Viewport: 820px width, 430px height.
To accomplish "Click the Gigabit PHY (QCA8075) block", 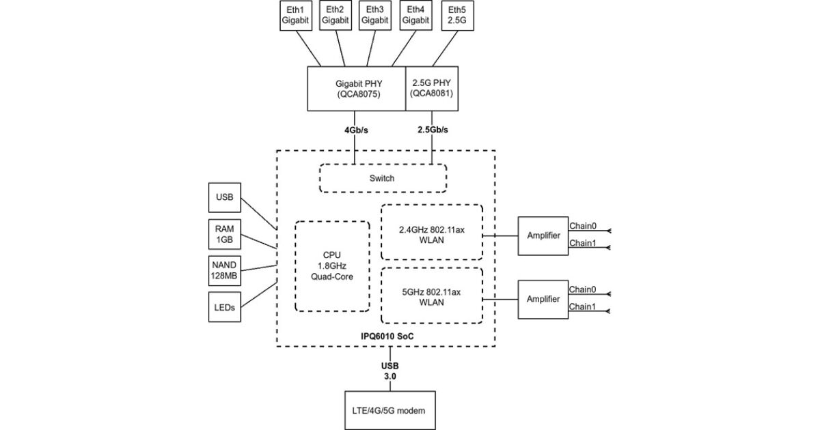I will coord(357,89).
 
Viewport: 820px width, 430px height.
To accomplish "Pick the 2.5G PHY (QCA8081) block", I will coord(432,89).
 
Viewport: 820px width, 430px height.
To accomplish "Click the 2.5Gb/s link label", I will coord(432,130).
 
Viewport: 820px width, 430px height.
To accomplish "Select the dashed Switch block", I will coord(382,178).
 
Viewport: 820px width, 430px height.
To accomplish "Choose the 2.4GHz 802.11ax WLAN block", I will coord(431,232).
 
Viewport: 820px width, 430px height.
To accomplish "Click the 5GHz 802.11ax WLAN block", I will coord(431,296).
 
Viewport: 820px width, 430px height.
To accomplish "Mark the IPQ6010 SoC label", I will coord(387,337).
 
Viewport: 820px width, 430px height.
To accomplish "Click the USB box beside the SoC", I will coord(223,198).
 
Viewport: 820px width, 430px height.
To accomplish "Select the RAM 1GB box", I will coord(223,235).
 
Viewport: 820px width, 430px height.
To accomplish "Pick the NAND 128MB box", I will coord(223,271).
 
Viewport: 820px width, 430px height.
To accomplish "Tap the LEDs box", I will coord(223,307).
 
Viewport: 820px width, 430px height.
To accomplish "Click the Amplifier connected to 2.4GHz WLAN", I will coord(543,235).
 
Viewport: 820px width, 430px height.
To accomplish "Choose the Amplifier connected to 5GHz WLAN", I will coord(543,299).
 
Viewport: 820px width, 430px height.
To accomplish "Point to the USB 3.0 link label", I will coord(389,371).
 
